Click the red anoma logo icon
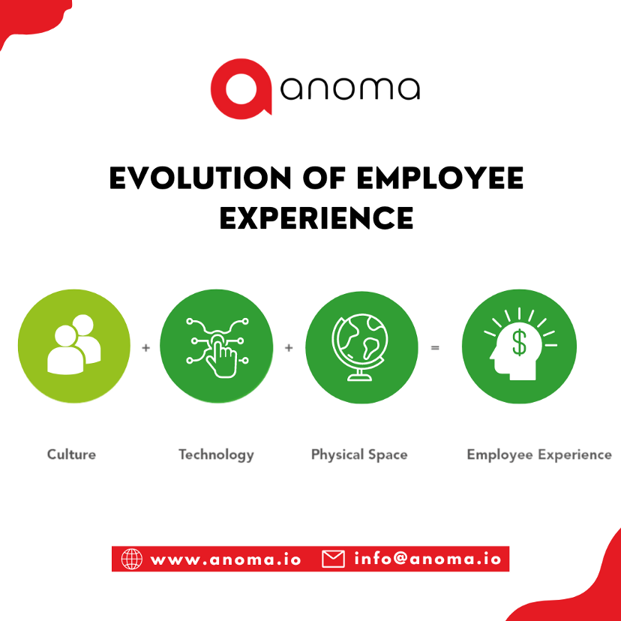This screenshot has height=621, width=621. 239,88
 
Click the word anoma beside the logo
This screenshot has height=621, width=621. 349,89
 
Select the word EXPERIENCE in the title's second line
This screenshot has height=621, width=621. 316,217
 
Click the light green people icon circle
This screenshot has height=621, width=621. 74,346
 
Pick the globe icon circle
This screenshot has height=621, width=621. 361,346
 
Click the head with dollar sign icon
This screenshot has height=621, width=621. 519,346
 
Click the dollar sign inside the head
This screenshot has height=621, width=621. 519,343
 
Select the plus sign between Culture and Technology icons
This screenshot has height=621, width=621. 145,348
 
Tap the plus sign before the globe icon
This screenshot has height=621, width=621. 289,348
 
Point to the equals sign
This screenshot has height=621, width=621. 435,348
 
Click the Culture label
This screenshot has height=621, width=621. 71,454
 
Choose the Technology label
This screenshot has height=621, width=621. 216,454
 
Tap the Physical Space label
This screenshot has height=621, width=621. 359,455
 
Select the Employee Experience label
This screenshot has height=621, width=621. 538,454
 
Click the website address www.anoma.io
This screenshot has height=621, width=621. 226,559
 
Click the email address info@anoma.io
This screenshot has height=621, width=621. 427,559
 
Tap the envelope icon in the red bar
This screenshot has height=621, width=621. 333,559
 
